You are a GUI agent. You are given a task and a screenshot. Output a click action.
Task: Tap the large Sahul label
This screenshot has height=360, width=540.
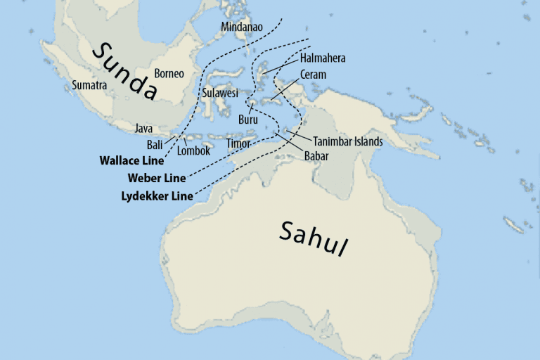[314, 239]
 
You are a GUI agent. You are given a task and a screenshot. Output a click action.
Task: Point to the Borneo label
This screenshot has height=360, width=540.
[169, 73]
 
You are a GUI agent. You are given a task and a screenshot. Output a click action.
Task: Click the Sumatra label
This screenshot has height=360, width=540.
[89, 85]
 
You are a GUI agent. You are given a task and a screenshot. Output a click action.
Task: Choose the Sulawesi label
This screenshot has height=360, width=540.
[220, 93]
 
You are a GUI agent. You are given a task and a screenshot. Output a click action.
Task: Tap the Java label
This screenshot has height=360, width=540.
[143, 129]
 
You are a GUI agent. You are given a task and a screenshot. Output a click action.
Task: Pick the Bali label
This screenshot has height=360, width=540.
[155, 145]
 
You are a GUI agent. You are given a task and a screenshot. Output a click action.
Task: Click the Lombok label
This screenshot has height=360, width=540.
[193, 150]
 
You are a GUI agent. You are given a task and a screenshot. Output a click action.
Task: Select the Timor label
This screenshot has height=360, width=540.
[238, 144]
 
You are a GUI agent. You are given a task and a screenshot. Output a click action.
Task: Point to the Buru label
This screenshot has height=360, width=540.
[247, 120]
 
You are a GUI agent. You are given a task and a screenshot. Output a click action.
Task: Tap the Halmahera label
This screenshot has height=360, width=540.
[323, 58]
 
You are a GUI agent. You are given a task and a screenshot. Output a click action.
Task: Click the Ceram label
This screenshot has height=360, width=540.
[313, 75]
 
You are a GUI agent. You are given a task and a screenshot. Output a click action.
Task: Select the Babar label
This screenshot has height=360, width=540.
[316, 156]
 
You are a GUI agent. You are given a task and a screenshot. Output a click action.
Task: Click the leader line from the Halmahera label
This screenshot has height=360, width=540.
[281, 65]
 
